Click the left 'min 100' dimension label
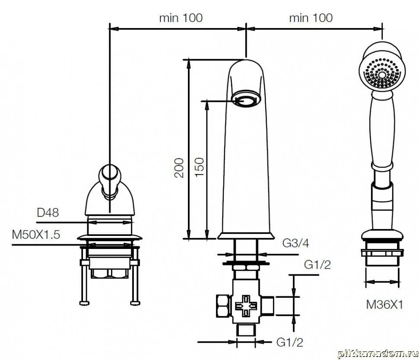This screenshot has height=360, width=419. (181, 18)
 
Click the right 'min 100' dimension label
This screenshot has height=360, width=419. (311, 18)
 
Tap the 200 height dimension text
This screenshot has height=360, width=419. (179, 168)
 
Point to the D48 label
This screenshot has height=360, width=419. (48, 213)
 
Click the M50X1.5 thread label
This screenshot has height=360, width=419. (36, 235)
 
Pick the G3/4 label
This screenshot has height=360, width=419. (295, 243)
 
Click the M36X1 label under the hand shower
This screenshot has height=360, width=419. (384, 304)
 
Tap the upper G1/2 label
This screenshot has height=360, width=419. (317, 264)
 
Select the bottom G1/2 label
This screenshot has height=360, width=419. (290, 342)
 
